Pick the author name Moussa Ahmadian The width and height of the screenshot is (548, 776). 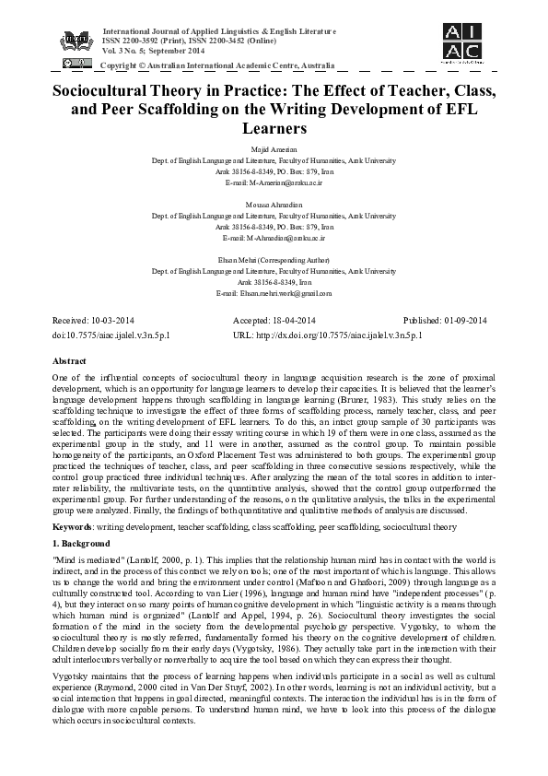coord(274,202)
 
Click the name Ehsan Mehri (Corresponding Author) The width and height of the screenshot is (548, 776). coord(274,262)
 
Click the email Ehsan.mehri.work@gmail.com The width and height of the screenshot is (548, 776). coord(274,293)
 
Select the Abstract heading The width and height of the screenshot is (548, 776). coord(70,363)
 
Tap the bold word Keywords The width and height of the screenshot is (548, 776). coord(73,527)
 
